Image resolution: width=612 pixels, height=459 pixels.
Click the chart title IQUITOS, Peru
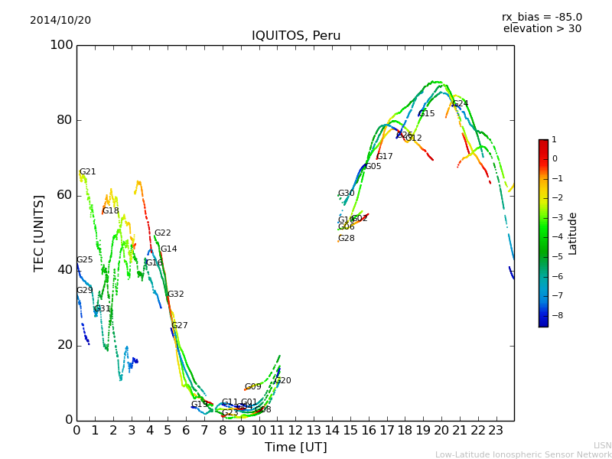[296, 36]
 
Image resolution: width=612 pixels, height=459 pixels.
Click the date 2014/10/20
[60, 21]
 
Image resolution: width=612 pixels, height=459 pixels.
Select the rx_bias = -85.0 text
[542, 17]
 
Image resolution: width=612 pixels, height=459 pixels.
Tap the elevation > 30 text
[542, 29]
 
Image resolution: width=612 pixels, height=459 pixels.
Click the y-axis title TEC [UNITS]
[39, 233]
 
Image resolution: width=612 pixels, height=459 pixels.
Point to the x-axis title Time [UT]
[296, 447]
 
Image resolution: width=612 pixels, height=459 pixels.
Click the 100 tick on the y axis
[61, 45]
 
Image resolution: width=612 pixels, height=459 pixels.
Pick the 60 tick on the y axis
[65, 195]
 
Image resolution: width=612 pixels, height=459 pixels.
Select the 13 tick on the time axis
[314, 430]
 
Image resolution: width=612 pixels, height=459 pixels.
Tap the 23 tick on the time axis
[496, 430]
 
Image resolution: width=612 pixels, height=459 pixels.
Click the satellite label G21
[87, 172]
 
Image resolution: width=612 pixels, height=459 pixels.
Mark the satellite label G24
[461, 104]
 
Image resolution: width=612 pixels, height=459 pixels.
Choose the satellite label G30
[346, 194]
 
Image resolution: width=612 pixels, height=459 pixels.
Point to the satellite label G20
[282, 381]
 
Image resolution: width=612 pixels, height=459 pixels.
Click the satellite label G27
[179, 326]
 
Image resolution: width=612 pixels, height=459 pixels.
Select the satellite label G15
[426, 114]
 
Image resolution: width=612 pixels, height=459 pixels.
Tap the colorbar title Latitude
[573, 233]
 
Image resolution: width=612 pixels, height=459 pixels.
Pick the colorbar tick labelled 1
[554, 140]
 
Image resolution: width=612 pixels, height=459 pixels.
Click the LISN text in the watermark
[602, 445]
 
